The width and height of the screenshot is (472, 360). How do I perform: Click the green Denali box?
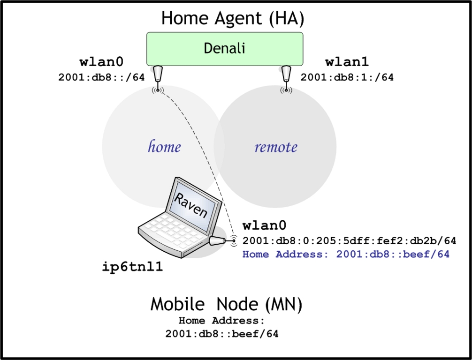pyautogui.click(x=225, y=49)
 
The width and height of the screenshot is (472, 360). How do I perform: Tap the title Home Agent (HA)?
pyautogui.click(x=233, y=18)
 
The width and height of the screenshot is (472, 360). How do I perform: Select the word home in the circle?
pyautogui.click(x=164, y=147)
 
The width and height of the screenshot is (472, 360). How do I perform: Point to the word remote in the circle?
pyautogui.click(x=276, y=147)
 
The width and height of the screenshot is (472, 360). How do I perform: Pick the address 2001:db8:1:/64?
pyautogui.click(x=347, y=77)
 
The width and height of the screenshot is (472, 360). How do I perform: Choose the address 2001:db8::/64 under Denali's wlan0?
pyautogui.click(x=101, y=77)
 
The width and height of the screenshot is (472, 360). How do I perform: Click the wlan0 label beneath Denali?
pyautogui.click(x=102, y=63)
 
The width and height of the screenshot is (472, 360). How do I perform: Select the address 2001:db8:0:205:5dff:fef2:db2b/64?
pyautogui.click(x=349, y=241)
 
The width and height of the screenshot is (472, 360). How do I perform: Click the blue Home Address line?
pyautogui.click(x=346, y=255)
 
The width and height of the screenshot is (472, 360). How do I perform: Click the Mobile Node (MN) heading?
pyautogui.click(x=226, y=305)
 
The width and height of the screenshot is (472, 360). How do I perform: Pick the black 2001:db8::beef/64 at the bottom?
pyautogui.click(x=222, y=335)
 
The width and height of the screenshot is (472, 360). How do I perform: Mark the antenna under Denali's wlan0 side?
pyautogui.click(x=158, y=76)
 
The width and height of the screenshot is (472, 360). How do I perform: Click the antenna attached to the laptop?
pyautogui.click(x=219, y=241)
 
